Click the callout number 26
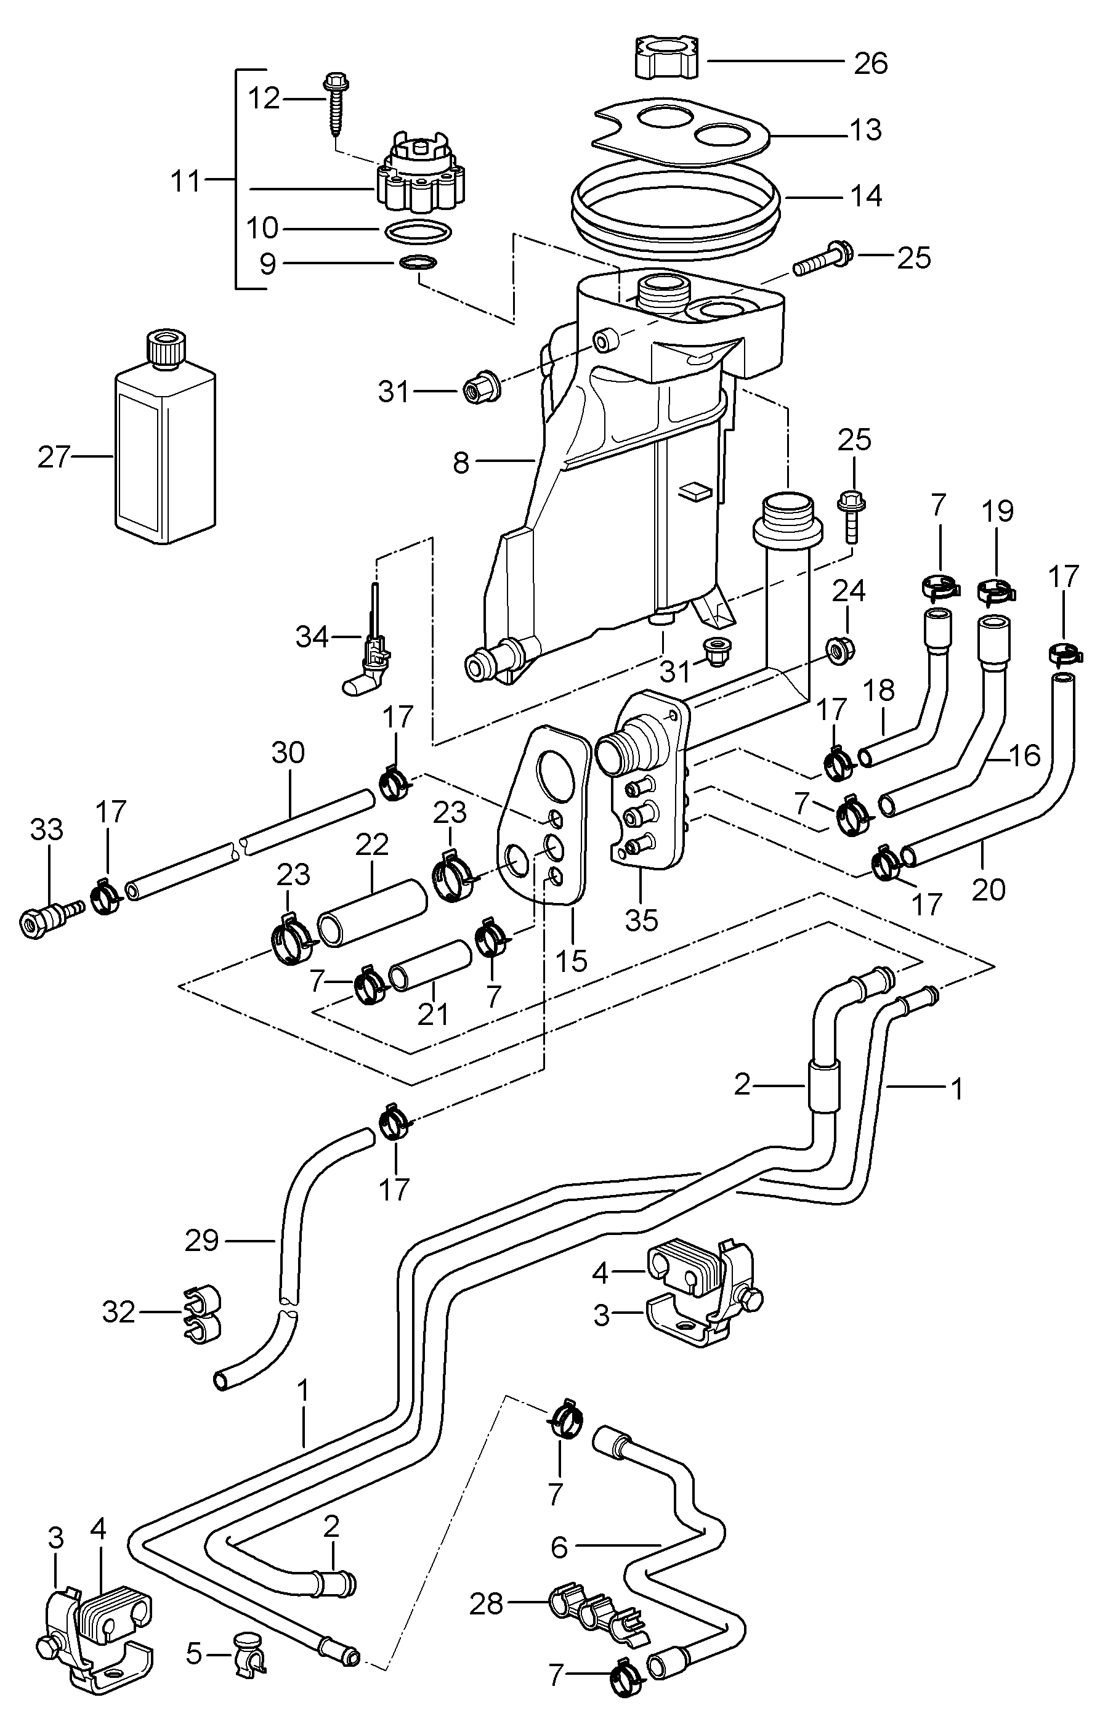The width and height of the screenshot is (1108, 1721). [871, 64]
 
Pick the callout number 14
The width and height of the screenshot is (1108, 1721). [866, 196]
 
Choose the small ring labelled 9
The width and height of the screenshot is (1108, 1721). [418, 264]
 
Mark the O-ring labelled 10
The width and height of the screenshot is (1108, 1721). [418, 232]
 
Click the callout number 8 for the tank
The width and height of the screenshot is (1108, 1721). [461, 463]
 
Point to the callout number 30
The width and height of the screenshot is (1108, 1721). [288, 753]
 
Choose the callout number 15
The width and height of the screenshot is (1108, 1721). [572, 960]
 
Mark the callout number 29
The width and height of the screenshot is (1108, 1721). [201, 1241]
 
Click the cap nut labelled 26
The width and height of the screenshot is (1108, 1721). [667, 57]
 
